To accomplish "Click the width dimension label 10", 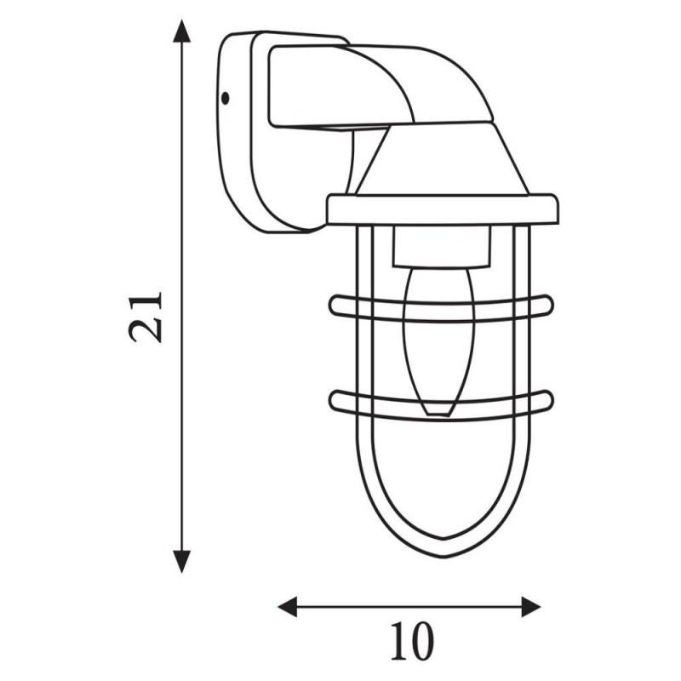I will [x=410, y=644].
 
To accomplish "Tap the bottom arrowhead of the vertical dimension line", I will [x=180, y=562].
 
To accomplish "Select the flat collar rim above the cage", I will [x=442, y=208].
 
